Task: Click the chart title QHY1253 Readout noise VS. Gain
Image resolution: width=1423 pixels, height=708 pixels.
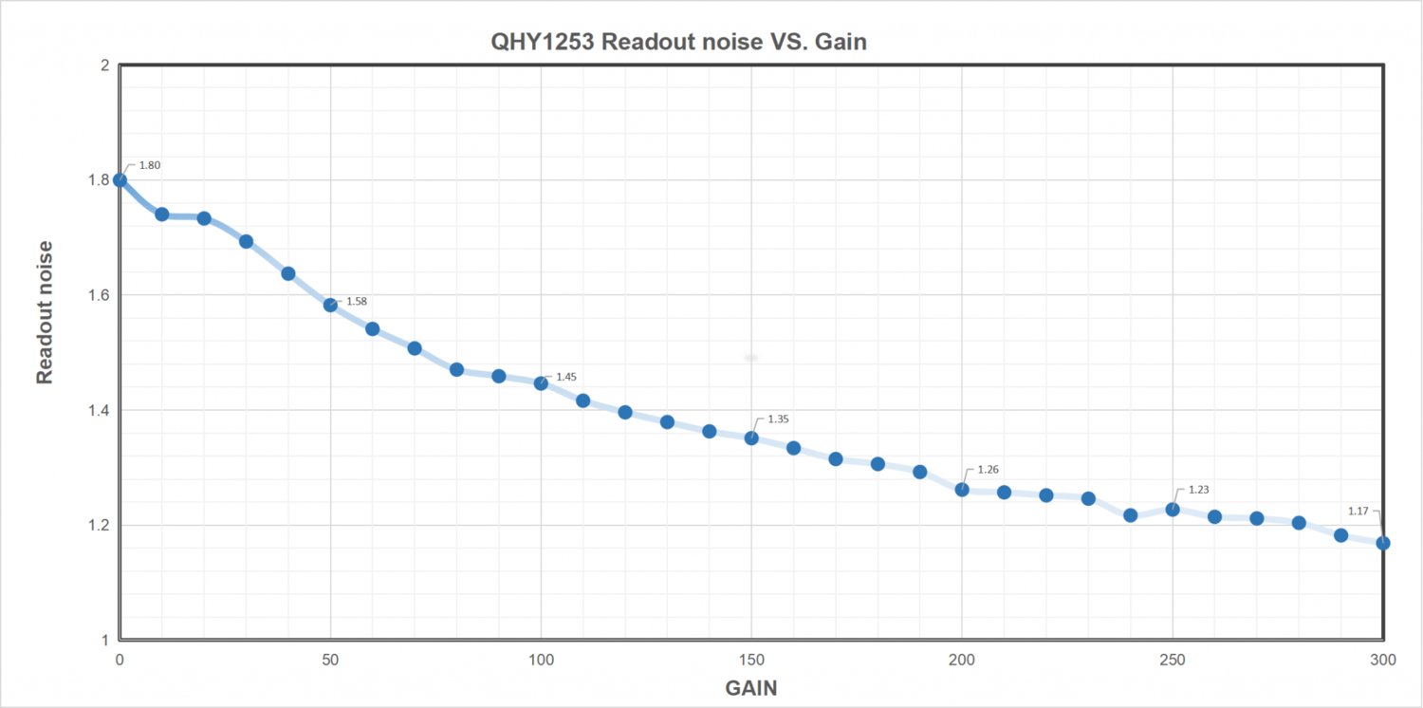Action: click(x=678, y=43)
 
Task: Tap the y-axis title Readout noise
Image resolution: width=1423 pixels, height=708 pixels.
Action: click(x=44, y=312)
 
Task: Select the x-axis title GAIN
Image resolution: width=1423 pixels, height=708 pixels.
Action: click(x=750, y=688)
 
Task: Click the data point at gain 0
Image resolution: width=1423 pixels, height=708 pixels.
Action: click(x=120, y=179)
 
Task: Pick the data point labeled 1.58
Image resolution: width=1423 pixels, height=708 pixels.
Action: click(x=330, y=305)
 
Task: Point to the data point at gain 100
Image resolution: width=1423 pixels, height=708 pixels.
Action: click(x=541, y=383)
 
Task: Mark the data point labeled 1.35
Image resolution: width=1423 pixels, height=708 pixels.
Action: click(x=751, y=438)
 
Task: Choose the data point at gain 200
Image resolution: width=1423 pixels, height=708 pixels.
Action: click(x=962, y=490)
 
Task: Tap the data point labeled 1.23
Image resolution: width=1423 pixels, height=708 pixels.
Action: click(x=1173, y=510)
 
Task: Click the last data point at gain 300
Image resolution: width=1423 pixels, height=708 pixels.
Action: click(x=1383, y=543)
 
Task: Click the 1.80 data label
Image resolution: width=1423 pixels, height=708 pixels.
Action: click(x=150, y=165)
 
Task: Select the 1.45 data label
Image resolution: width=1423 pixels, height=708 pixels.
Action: click(x=566, y=377)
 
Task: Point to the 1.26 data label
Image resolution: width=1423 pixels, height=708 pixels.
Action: click(x=988, y=469)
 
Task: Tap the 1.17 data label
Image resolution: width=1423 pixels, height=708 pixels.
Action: click(x=1358, y=511)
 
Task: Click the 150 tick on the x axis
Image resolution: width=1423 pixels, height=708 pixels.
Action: click(x=751, y=660)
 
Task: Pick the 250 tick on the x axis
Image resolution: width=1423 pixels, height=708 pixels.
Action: click(x=1173, y=660)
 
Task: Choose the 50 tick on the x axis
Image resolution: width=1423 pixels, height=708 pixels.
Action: click(x=330, y=660)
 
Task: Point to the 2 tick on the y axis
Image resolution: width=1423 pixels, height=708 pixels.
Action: click(x=105, y=65)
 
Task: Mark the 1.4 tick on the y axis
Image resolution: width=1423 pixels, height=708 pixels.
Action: click(x=99, y=410)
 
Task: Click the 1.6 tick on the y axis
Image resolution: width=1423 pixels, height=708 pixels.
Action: click(x=99, y=295)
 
